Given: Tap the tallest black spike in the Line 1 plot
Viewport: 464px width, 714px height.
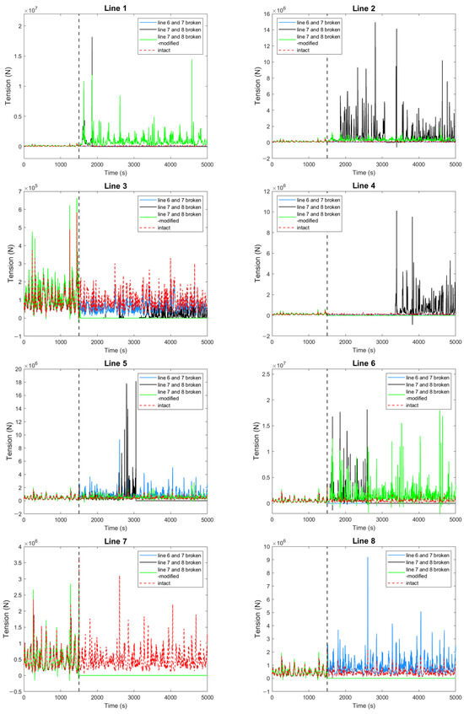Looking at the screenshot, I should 92,38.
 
